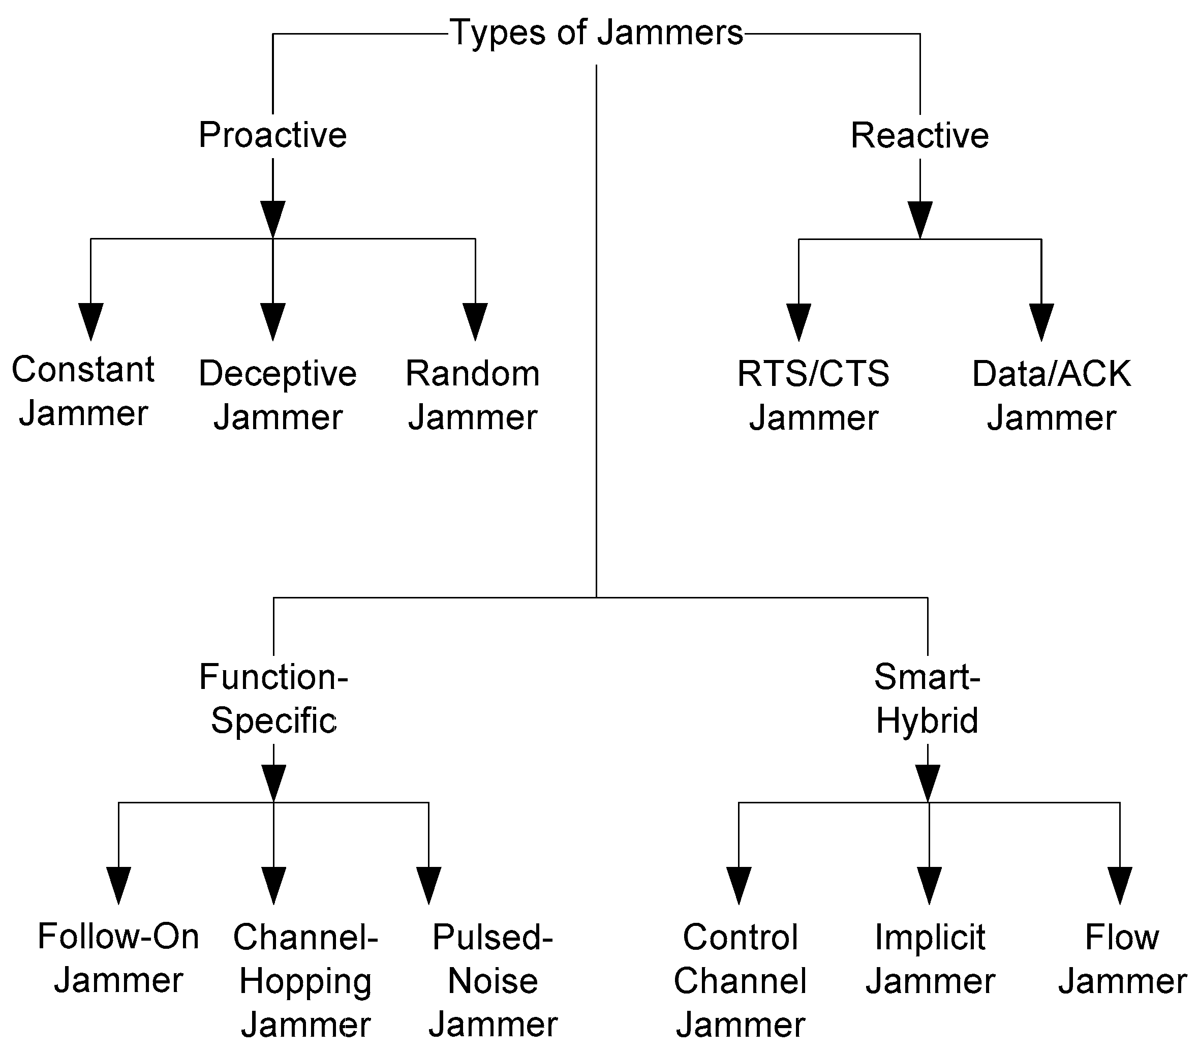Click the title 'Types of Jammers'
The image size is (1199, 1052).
[597, 34]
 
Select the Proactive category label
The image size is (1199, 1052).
[273, 135]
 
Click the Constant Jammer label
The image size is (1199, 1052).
[83, 392]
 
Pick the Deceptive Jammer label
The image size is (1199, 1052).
[278, 396]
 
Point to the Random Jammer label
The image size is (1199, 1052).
[473, 396]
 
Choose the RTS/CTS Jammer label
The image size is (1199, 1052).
[813, 396]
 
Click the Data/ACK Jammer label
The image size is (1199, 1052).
[1051, 396]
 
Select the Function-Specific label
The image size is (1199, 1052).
[273, 698]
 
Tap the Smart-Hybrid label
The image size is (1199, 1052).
[927, 698]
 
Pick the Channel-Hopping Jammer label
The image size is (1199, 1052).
[305, 980]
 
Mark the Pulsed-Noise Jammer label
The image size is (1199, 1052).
[493, 980]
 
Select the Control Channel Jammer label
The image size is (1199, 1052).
[740, 980]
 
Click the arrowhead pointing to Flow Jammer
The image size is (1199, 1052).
[1120, 885]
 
